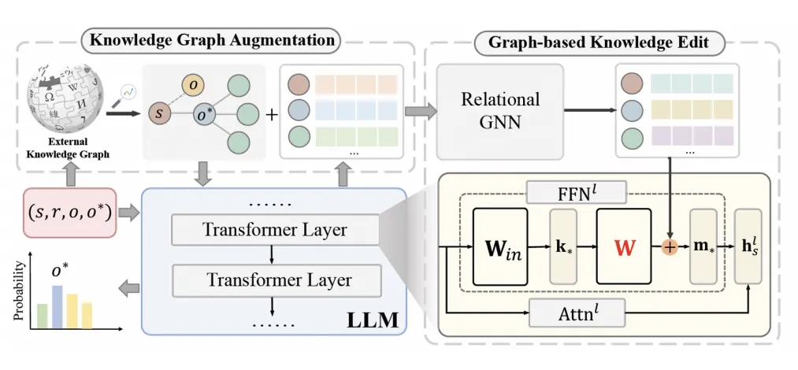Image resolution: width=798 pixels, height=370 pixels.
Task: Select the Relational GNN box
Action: pos(500,110)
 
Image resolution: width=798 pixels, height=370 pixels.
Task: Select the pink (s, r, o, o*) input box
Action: pos(70,212)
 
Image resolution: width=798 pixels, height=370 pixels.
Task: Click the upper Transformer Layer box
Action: pos(275,230)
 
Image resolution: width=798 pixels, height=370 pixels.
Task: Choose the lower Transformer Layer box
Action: pos(275,279)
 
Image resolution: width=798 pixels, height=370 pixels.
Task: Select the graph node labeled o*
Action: pos(206,116)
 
